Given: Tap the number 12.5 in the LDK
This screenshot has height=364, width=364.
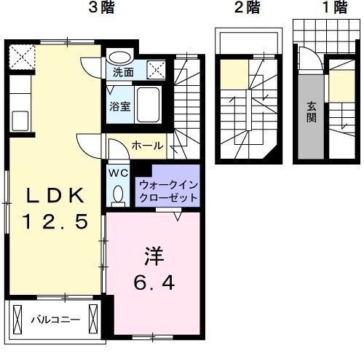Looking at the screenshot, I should [57, 219].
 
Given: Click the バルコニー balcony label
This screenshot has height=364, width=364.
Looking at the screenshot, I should [54, 318].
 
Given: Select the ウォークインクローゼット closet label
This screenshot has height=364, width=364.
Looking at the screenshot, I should [167, 191].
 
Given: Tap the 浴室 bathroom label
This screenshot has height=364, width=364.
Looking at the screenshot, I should [121, 106].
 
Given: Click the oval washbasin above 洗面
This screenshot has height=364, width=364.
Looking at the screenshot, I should [119, 57].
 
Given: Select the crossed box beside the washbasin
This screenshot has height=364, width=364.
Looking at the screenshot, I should [156, 69].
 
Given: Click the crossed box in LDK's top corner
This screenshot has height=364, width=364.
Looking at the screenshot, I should [21, 55].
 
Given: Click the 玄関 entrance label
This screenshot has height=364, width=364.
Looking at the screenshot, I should [310, 111].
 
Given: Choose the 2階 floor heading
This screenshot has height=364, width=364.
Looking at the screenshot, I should [248, 9].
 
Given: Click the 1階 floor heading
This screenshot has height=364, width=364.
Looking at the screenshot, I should [314, 9].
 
